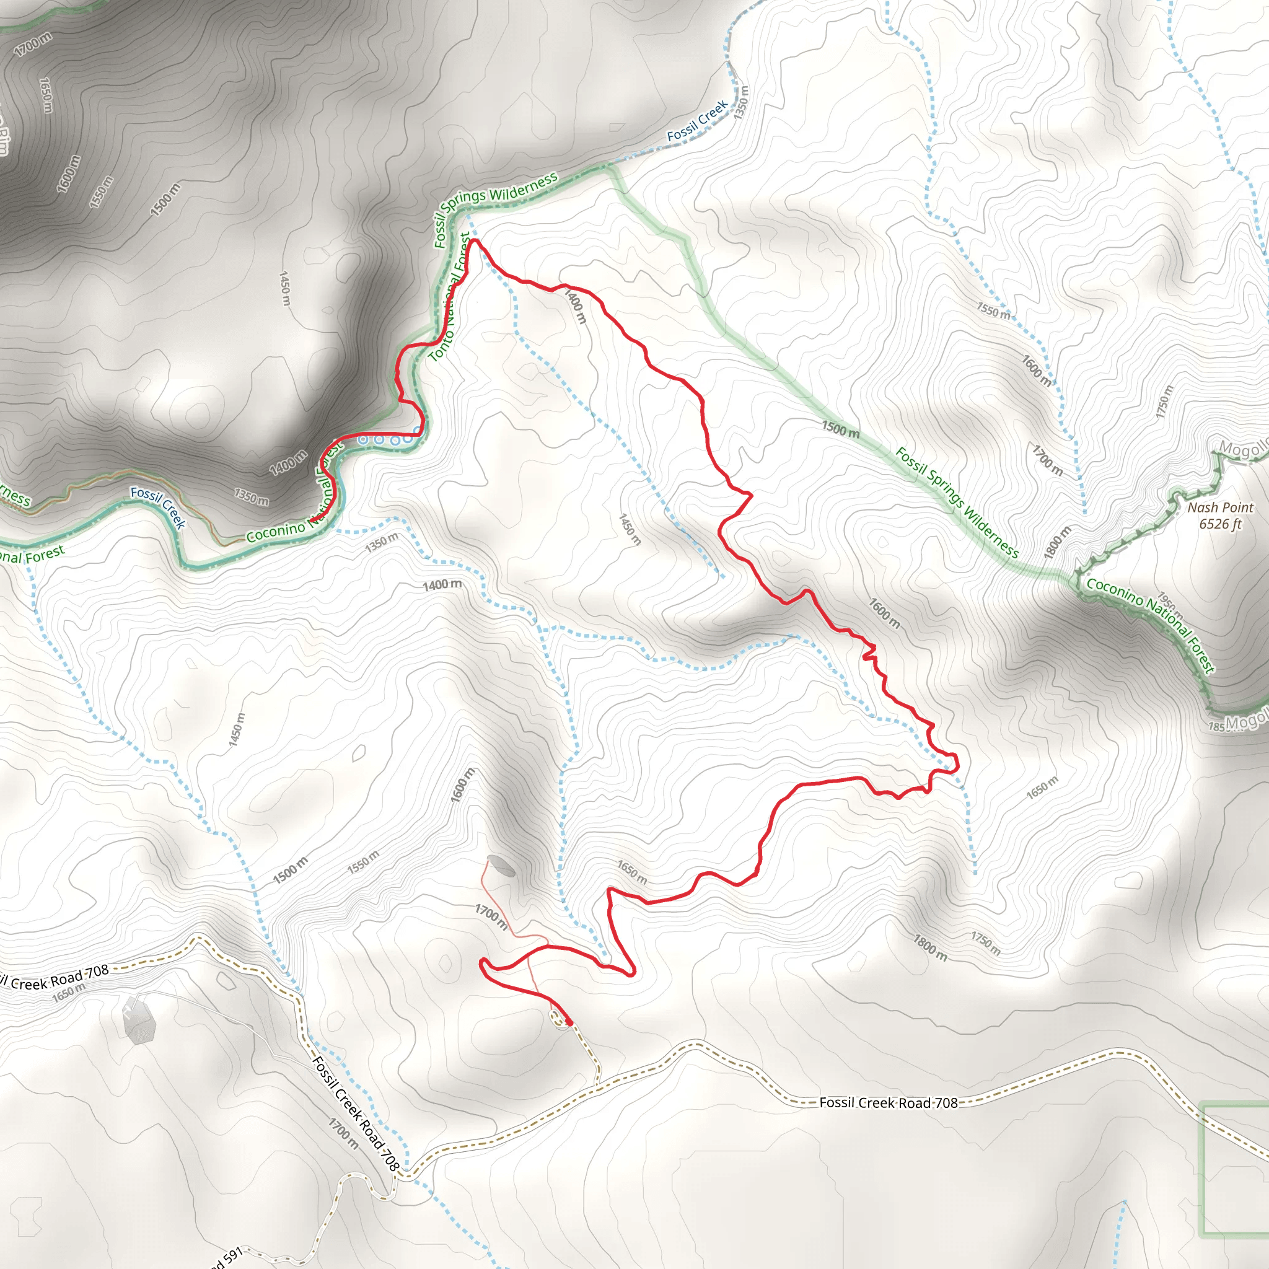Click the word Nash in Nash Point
[1201, 507]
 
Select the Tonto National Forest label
[450, 299]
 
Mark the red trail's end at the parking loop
[569, 1022]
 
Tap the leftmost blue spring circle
[362, 440]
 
